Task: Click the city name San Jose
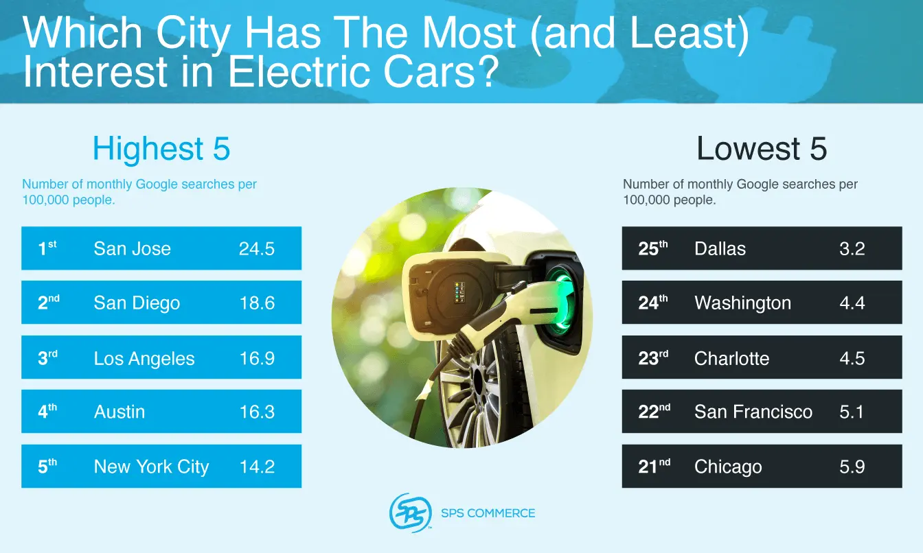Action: [132, 248]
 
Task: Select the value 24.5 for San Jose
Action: [257, 248]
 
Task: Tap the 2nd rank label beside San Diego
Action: [48, 303]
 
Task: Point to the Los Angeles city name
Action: [144, 358]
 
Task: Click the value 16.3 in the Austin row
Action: [257, 412]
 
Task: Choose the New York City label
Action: [151, 467]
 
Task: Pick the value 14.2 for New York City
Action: [257, 467]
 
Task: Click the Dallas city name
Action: [720, 248]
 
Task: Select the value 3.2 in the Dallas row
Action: [852, 248]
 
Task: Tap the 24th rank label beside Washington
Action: [652, 303]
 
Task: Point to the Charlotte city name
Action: [731, 358]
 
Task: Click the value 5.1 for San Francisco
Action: [852, 412]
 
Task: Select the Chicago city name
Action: [728, 467]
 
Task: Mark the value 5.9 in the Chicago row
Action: [852, 467]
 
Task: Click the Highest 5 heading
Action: [161, 149]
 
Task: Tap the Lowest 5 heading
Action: [762, 149]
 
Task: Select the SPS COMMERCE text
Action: [488, 513]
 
